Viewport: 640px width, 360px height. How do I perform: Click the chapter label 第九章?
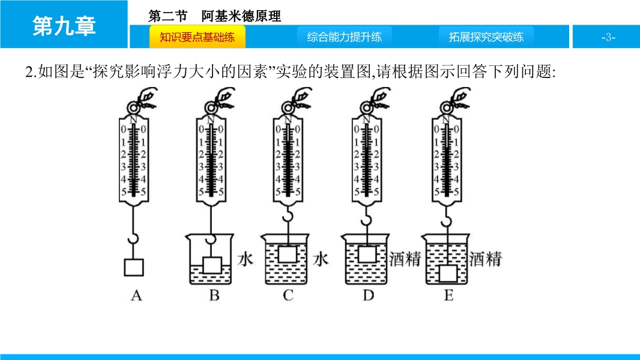click(x=64, y=26)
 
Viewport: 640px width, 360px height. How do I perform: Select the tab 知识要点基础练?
click(x=197, y=37)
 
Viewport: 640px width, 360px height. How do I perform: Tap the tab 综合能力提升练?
click(x=344, y=37)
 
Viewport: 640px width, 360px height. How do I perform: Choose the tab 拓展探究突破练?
click(x=486, y=37)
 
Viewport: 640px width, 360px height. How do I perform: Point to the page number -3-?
click(x=608, y=37)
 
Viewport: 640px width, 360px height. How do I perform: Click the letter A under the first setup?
click(x=136, y=295)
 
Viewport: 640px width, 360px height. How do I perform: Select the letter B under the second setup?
click(x=214, y=295)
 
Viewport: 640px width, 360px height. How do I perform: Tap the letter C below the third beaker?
click(x=288, y=295)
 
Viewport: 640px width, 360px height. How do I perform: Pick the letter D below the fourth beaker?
click(x=368, y=295)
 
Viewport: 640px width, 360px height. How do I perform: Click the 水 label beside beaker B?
click(x=246, y=259)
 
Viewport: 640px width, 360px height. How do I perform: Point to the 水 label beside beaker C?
click(x=321, y=259)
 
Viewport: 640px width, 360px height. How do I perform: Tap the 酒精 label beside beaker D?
click(x=404, y=259)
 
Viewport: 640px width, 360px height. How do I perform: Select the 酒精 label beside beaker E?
click(x=485, y=259)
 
